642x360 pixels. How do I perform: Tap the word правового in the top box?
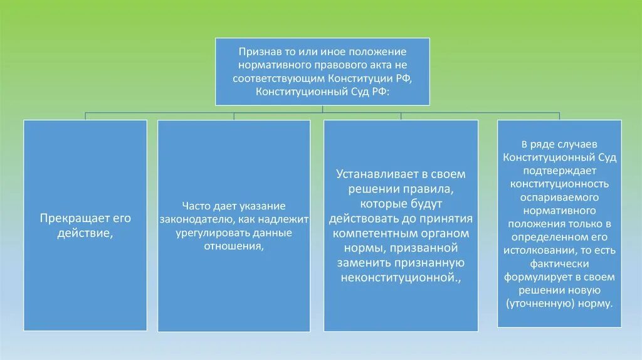coord(347,65)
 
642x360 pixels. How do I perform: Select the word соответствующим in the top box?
coord(278,78)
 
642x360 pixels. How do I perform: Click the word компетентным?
coord(369,233)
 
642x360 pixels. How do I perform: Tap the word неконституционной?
coord(399,277)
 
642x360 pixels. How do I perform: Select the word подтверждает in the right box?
coord(559,170)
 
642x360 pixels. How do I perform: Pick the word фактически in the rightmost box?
coord(559,263)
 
